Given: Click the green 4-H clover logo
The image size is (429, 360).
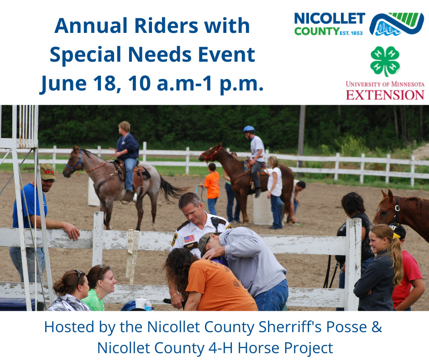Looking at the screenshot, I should tap(385, 61).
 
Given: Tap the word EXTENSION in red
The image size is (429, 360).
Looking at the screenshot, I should tap(385, 95).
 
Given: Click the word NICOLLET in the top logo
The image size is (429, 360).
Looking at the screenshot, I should tap(329, 19).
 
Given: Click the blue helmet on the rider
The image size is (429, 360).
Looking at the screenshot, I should tap(249, 129).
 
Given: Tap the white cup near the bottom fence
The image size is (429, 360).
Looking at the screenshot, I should tap(141, 302).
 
